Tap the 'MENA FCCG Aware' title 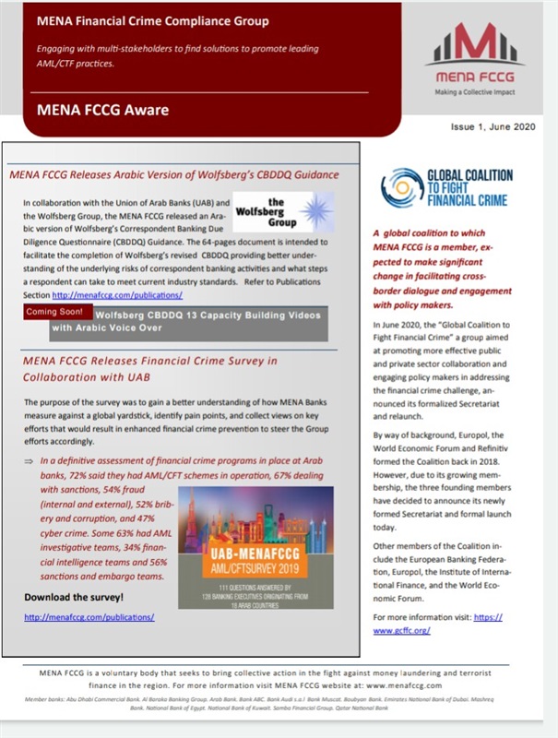pyautogui.click(x=102, y=111)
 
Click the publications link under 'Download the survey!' pyautogui.click(x=89, y=616)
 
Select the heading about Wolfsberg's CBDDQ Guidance pyautogui.click(x=173, y=173)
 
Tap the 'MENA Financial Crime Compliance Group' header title pyautogui.click(x=153, y=20)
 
